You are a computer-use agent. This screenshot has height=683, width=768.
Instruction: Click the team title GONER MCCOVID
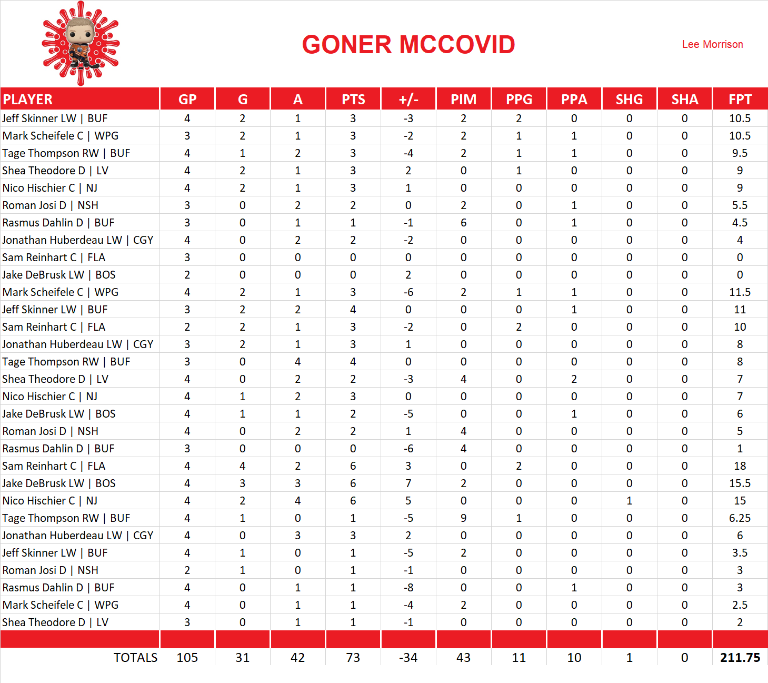tap(408, 45)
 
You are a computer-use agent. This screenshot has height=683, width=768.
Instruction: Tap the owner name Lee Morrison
tap(712, 44)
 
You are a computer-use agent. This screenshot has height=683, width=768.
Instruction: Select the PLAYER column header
tap(28, 100)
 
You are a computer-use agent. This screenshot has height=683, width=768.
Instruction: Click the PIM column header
tap(463, 100)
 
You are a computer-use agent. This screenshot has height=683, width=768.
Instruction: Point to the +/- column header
tap(408, 100)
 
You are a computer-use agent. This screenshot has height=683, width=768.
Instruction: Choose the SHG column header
tap(629, 100)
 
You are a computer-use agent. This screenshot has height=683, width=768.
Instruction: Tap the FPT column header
tap(740, 100)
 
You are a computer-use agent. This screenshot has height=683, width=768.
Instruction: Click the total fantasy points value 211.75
tap(740, 658)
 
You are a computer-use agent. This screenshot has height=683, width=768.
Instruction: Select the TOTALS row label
tap(135, 658)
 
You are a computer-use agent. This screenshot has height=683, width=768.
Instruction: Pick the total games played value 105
tap(187, 658)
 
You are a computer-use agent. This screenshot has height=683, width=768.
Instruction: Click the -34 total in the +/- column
tap(408, 658)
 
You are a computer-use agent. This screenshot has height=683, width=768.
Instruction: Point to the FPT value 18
tap(740, 466)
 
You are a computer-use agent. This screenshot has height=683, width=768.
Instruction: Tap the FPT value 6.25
tap(740, 518)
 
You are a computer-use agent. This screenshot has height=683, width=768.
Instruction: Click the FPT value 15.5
tap(740, 483)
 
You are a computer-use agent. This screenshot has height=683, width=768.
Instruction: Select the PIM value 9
tap(463, 518)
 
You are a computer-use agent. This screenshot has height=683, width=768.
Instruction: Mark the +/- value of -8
tap(408, 588)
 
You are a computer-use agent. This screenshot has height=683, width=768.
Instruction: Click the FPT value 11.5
tap(740, 292)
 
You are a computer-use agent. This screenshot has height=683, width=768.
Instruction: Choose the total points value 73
tap(353, 658)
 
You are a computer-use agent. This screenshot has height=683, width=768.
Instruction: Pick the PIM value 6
tap(463, 223)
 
